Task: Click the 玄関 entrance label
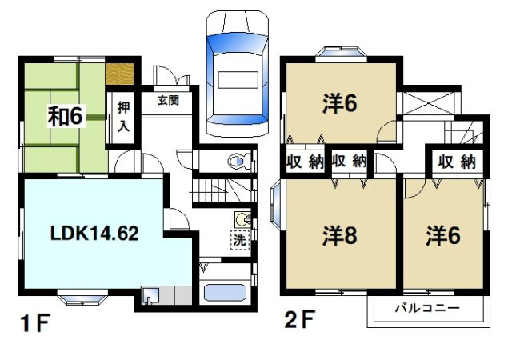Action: click(x=167, y=101)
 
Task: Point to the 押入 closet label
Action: click(x=124, y=114)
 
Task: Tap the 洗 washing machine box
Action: click(x=238, y=238)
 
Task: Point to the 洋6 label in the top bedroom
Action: click(x=339, y=104)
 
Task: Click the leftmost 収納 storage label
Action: click(x=304, y=162)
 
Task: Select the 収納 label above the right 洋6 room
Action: click(x=456, y=162)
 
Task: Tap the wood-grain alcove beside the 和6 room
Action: click(x=123, y=74)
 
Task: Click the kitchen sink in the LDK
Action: click(x=151, y=295)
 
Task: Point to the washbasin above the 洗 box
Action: click(x=242, y=218)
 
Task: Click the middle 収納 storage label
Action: click(x=349, y=162)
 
